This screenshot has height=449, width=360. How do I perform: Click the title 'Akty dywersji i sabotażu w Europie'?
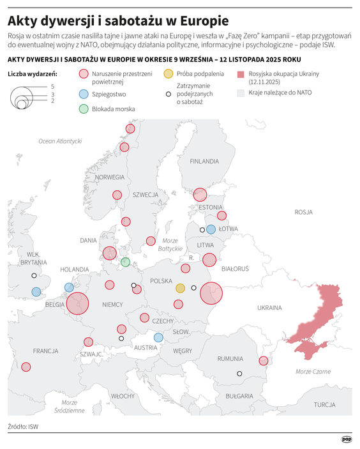tap(119, 20)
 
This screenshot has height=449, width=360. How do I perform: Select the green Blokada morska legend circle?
tap(84, 109)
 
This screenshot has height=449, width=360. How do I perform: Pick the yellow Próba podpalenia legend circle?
tap(168, 74)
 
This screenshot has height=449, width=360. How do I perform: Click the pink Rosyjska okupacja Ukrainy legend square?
tap(241, 74)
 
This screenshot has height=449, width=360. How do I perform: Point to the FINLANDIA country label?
tap(204, 162)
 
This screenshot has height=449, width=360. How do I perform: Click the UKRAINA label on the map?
tap(269, 308)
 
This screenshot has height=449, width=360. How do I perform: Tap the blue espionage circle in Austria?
tap(158, 337)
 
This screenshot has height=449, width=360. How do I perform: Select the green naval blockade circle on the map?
tap(126, 262)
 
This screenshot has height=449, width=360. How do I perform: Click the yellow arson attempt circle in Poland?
tap(180, 288)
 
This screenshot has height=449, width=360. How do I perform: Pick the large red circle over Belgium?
tap(77, 304)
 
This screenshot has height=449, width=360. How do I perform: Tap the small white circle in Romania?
tap(239, 374)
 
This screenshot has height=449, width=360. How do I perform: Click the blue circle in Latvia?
tap(211, 229)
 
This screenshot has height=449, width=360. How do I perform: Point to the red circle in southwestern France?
tap(26, 367)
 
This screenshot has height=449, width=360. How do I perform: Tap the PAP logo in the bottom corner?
tap(347, 439)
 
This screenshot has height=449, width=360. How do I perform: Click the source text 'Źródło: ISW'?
tap(23, 426)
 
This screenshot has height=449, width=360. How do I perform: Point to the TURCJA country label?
tap(324, 404)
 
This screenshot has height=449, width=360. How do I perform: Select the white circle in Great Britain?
tap(34, 276)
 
